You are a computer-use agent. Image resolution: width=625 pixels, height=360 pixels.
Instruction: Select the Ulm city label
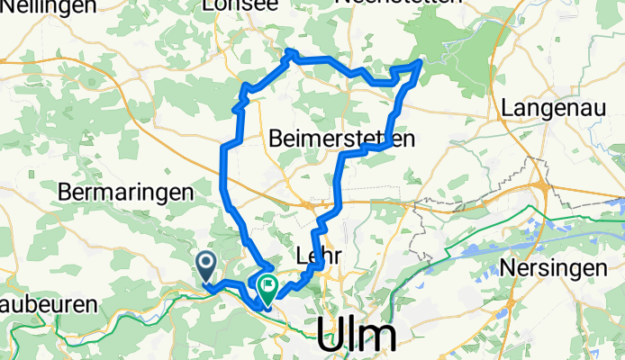(x=357, y=336)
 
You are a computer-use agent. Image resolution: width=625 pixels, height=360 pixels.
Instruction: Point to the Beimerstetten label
(x=341, y=139)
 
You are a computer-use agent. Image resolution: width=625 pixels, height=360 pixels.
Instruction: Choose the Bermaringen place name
(x=127, y=192)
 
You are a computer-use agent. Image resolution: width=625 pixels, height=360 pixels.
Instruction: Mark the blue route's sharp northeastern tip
(x=421, y=62)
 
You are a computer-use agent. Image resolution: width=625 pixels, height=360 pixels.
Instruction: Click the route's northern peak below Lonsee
(x=289, y=53)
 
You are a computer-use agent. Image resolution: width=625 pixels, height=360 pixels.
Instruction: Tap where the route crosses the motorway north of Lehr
(x=335, y=202)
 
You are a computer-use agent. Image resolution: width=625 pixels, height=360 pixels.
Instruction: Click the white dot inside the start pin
(x=205, y=264)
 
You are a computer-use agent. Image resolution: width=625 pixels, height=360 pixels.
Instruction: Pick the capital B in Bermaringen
(x=66, y=192)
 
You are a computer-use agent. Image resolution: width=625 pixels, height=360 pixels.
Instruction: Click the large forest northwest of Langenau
(x=450, y=49)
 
